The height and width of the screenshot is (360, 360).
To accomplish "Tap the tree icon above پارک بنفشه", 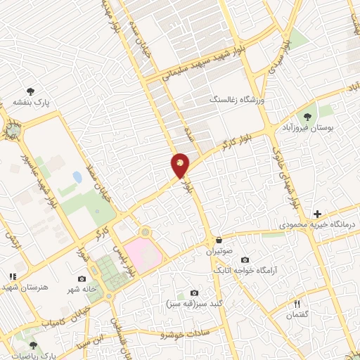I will point(31,91).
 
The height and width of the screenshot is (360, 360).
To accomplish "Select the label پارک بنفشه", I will point(31,103).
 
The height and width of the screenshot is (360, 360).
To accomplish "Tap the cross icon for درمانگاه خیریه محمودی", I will point(317,214).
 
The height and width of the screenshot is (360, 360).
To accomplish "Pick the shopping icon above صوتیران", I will point(219,240).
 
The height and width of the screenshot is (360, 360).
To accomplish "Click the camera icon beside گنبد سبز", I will point(194,292).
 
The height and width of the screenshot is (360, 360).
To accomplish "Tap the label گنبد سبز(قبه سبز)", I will point(189,304).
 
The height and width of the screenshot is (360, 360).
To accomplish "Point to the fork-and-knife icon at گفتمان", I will point(297,304).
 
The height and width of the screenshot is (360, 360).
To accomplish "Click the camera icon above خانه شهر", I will point(82,279).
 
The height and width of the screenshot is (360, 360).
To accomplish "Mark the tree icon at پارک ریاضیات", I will point(33,345).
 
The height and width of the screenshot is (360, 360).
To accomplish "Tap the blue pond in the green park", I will point(77,177).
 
